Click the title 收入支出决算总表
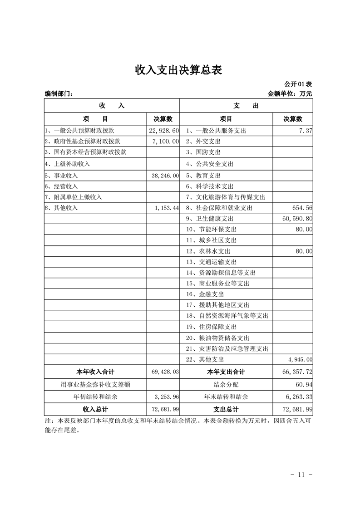(179, 70)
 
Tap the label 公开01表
(298, 84)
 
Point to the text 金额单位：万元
(290, 94)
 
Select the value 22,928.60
(164, 131)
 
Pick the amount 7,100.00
(166, 142)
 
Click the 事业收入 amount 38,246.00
(164, 176)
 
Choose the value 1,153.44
(167, 208)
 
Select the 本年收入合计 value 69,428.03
(164, 372)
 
